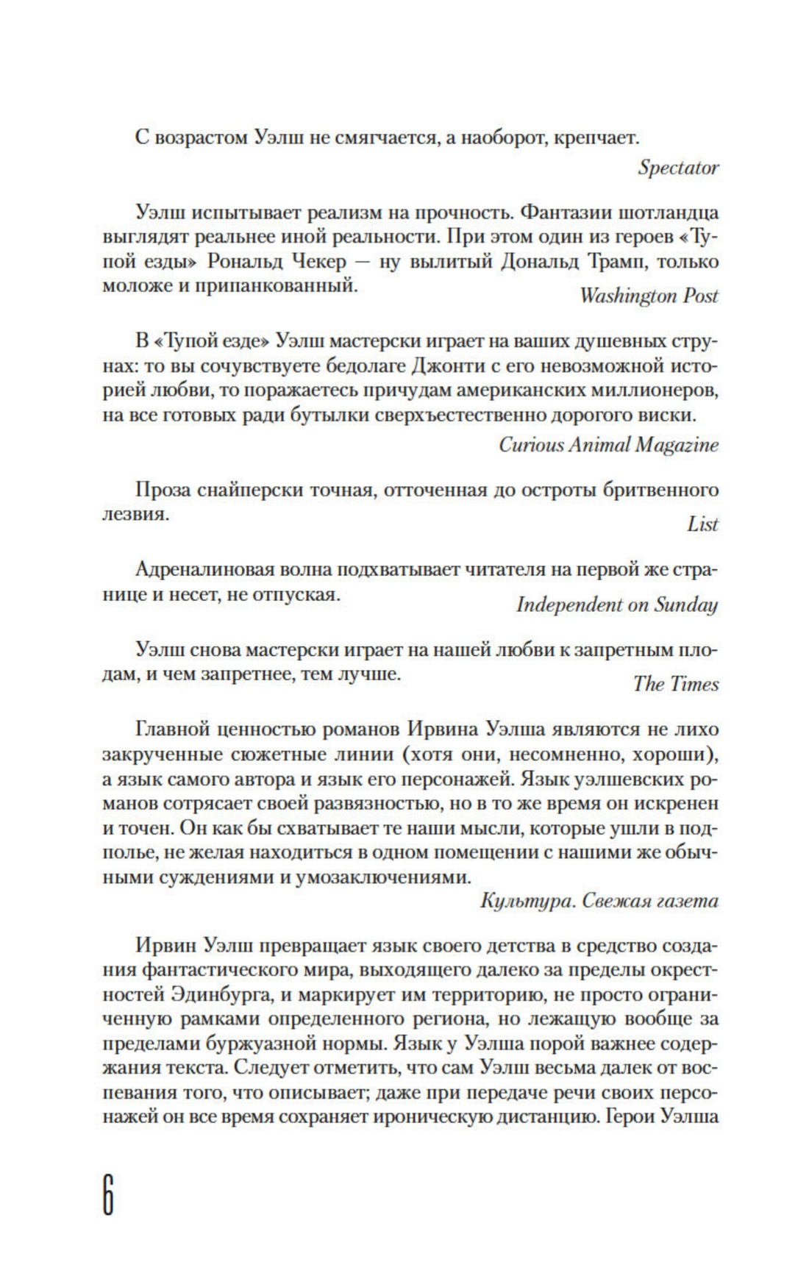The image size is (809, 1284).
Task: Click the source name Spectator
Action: tap(678, 168)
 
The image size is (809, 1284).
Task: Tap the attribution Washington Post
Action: tap(649, 296)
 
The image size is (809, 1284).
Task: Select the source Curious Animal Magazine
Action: tap(608, 445)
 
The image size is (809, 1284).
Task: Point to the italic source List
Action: tap(702, 524)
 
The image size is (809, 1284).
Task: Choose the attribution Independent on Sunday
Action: tap(617, 604)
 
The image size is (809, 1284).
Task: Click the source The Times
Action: tap(676, 684)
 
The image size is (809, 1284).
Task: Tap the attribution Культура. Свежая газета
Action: tap(599, 900)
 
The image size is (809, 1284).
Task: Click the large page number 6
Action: tap(107, 1196)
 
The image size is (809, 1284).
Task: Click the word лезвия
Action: tap(132, 515)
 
